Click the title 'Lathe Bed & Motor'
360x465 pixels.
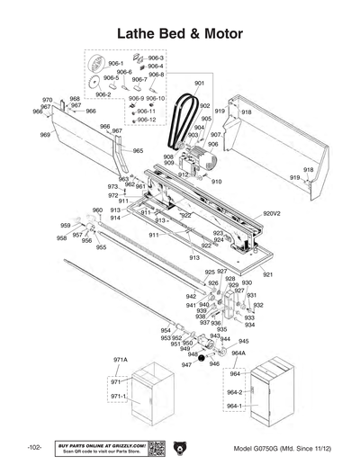180,33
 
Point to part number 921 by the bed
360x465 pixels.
267,273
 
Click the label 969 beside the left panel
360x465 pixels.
45,135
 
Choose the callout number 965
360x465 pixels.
138,150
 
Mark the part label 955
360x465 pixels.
102,247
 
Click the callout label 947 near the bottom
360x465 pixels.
186,366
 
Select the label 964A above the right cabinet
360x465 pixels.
238,353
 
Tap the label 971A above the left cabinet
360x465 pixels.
119,359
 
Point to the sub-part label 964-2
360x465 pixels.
234,392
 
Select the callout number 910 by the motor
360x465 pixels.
216,182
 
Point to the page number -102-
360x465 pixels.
34,447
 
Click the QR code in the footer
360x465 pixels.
154,447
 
